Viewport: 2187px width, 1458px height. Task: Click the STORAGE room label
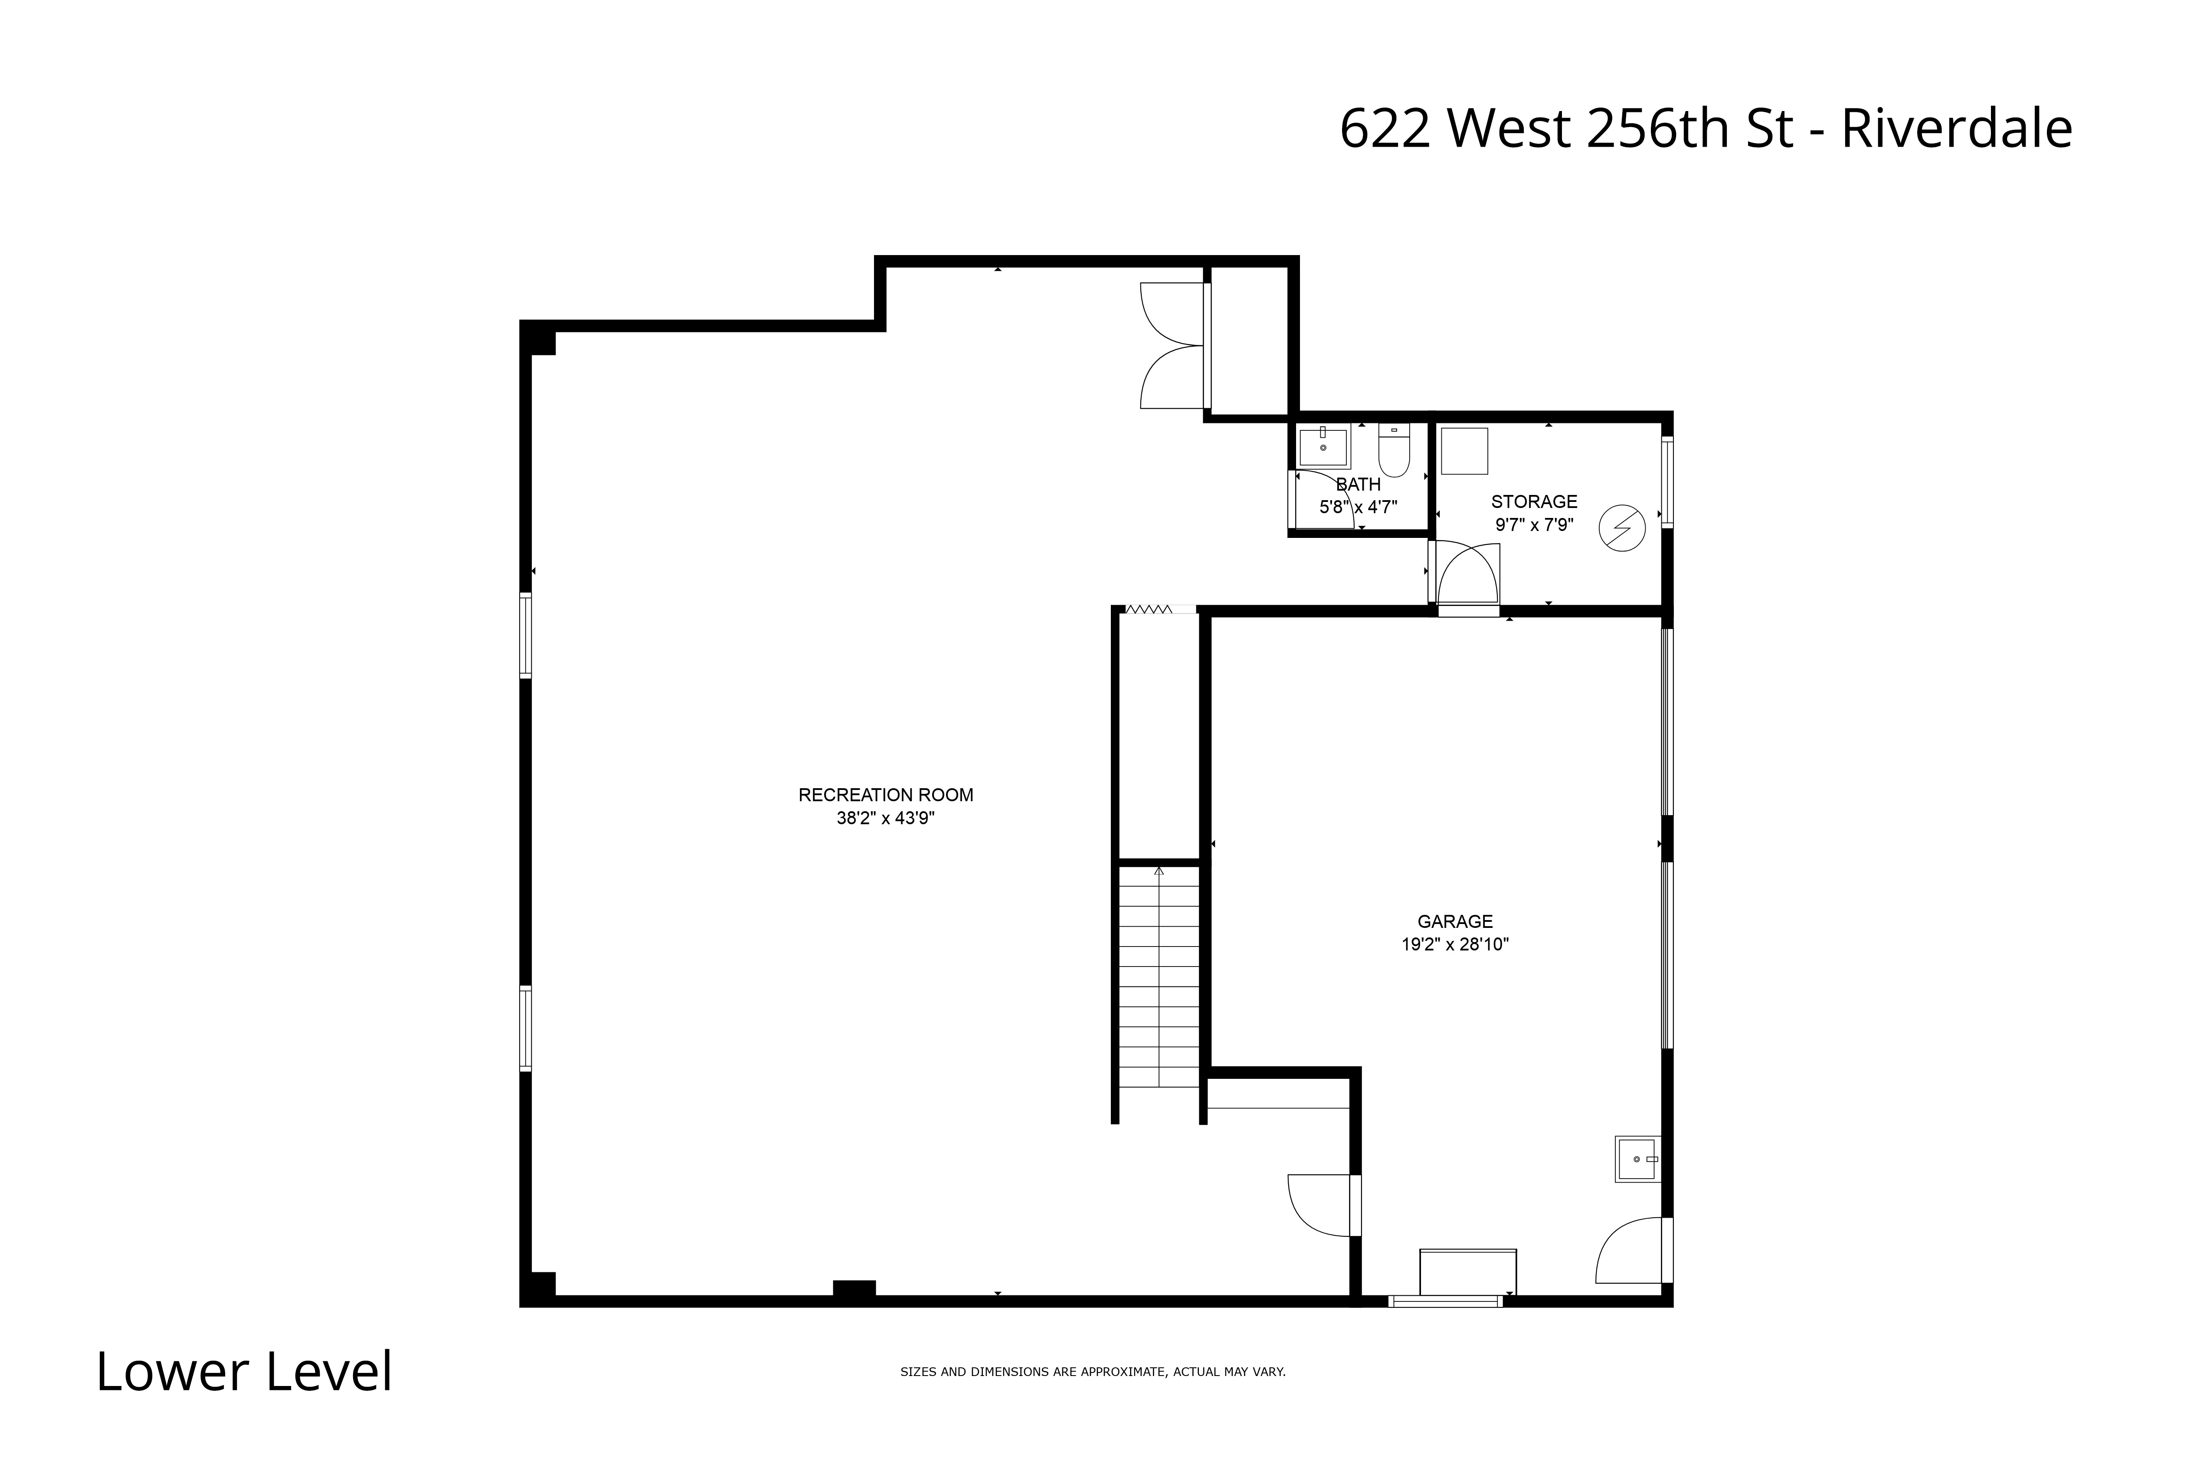pos(1534,502)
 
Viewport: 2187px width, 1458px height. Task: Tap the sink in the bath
pos(1323,446)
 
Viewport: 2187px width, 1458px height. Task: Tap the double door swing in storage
pos(1468,577)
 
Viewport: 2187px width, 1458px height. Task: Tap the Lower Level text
pos(245,1373)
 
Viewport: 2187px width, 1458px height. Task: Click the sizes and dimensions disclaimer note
pos(1093,1372)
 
